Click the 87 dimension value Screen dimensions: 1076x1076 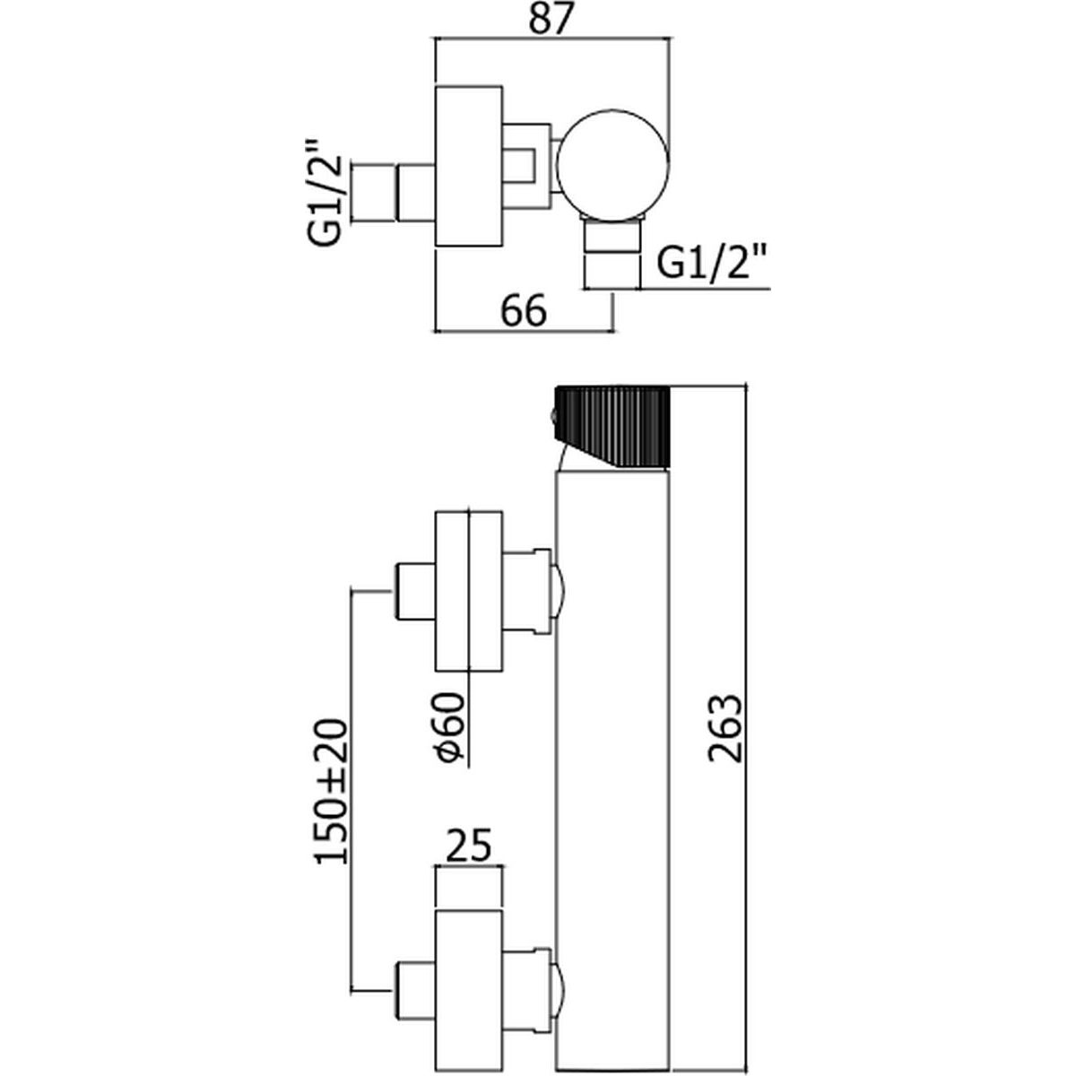551,20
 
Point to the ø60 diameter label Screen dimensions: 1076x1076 450,726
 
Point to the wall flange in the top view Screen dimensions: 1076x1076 467,166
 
